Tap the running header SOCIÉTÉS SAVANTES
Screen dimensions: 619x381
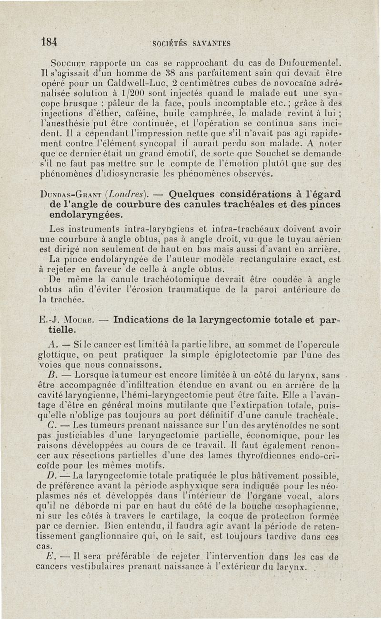pyautogui.click(x=191, y=44)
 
